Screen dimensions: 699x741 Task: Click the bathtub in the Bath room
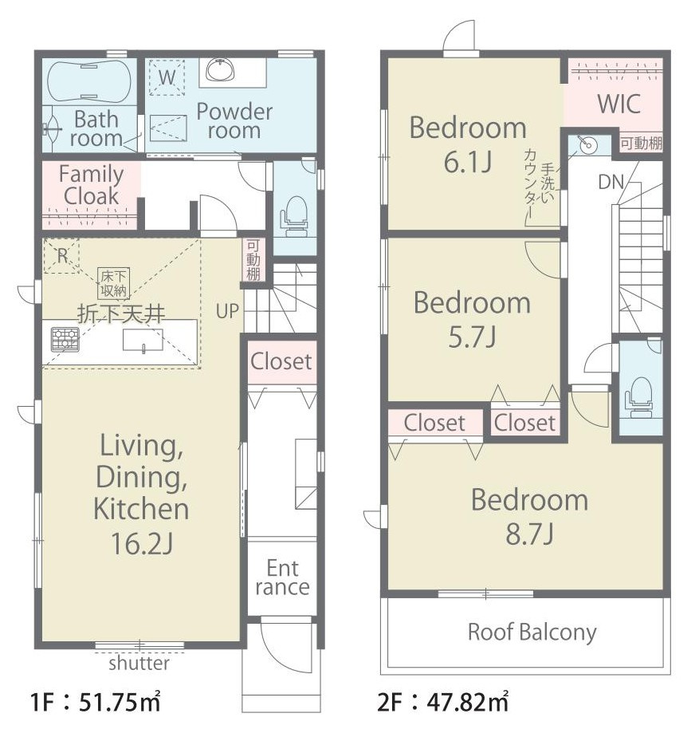coord(89,81)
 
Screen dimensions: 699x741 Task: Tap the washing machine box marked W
coord(167,77)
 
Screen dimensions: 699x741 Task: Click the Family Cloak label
coord(91,185)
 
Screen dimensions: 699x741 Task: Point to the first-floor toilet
coord(295,216)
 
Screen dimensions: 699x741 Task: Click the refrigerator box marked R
coord(62,256)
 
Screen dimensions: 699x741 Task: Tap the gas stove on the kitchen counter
coord(65,339)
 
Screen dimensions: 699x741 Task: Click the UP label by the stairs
coord(227,311)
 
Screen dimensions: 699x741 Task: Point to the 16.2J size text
coord(142,543)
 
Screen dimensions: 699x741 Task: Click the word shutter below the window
coord(139,663)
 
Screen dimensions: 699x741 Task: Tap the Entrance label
coord(282,577)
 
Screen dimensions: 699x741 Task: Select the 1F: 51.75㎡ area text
coord(95,702)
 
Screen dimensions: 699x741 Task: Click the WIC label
coord(618,104)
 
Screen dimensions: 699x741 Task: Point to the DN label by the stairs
coord(611,182)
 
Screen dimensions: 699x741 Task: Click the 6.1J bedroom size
coord(468,161)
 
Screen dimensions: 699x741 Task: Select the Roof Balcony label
coord(532,633)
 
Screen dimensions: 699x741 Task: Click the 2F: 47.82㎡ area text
coord(442,702)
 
